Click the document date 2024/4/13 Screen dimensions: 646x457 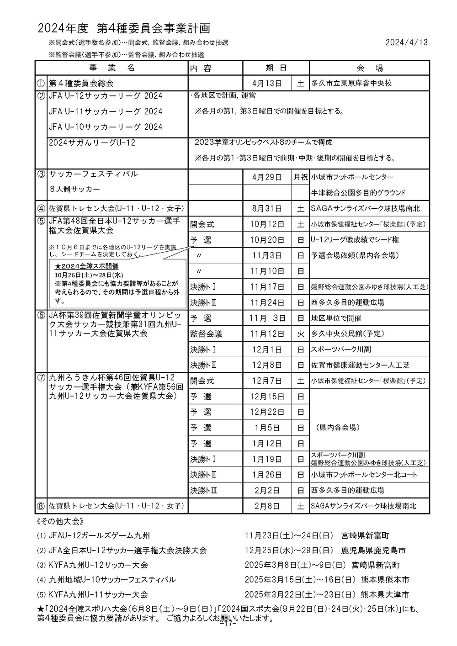406,42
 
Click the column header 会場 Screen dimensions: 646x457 369,68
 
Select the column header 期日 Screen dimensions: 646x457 276,68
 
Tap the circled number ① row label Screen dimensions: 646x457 41,84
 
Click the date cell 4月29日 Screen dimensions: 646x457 267,177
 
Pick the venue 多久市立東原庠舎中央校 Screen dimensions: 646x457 351,84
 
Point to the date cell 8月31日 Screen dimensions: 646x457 267,209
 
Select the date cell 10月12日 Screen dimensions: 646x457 267,224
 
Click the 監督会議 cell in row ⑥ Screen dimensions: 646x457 206,334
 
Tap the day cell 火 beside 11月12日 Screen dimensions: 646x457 300,334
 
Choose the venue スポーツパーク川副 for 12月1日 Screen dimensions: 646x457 341,349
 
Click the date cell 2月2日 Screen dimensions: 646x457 267,490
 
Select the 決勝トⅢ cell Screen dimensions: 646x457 204,490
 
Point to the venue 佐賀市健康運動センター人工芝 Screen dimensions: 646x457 361,365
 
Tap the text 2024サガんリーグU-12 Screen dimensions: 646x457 92,143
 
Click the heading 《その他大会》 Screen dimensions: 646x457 59,521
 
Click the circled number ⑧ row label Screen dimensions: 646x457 41,506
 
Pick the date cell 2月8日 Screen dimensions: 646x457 267,506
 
